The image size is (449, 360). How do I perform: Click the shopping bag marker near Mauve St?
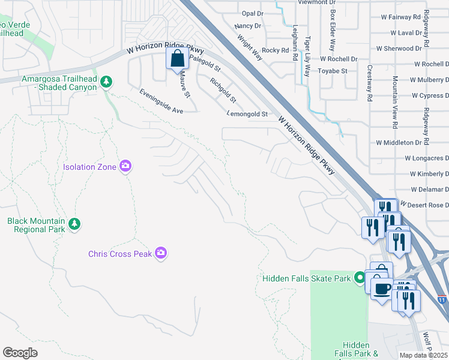tap(177, 59)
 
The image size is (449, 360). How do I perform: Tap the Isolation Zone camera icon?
tap(125, 166)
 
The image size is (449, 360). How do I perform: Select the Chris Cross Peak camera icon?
tap(160, 253)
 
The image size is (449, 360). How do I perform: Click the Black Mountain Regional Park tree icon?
tap(74, 224)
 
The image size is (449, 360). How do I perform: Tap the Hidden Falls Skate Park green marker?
tap(359, 277)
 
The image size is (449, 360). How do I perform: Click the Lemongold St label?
tap(247, 113)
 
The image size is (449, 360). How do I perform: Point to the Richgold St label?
tap(223, 90)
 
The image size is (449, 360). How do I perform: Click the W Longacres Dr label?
tap(426, 158)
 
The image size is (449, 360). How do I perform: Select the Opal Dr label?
tap(252, 13)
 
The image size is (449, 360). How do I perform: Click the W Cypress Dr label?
tap(430, 95)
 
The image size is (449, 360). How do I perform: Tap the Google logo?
tap(20, 353)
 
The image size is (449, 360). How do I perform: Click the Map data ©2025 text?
tap(424, 355)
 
